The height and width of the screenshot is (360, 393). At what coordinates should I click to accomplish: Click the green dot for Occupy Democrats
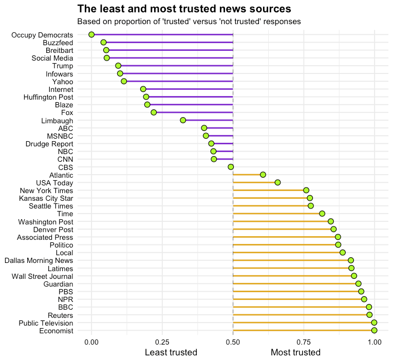pos(91,34)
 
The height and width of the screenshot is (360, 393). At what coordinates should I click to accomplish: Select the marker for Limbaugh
pos(183,120)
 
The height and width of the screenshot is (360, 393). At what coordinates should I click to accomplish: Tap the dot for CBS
pos(231,167)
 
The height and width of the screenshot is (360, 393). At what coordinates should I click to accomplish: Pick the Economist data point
pos(374,330)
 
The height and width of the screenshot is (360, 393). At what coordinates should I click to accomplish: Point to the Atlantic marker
pos(263,175)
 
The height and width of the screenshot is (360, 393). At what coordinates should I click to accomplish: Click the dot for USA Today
pos(277,182)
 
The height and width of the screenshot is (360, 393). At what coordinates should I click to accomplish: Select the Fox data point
pos(154,112)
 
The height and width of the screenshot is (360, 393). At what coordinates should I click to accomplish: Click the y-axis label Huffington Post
pos(48,97)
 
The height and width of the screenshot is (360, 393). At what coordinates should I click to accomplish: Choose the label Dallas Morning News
pos(39,260)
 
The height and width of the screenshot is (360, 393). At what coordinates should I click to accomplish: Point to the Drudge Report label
pos(49,144)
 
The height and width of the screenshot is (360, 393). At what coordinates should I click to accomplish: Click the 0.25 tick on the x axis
pos(162,342)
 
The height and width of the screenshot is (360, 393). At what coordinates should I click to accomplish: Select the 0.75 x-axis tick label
pos(304,342)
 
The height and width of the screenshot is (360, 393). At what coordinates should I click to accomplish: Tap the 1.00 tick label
pos(375,342)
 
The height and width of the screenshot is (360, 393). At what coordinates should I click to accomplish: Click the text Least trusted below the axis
pos(171,352)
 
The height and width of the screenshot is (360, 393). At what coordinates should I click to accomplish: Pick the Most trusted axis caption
pos(295,352)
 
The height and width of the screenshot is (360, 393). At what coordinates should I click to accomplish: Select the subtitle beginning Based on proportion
pos(189,22)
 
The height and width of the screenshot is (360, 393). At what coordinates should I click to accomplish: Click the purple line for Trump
pos(175,66)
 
